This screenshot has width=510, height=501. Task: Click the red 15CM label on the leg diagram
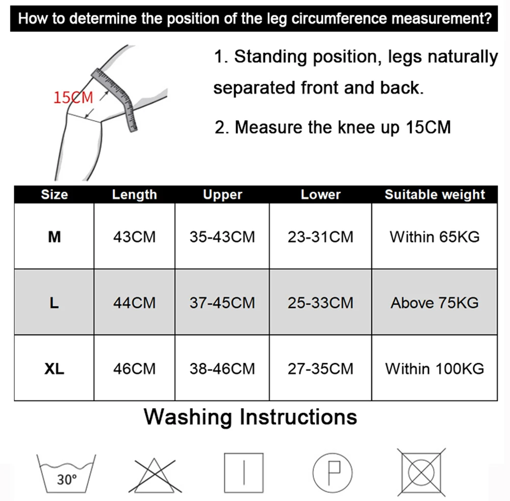coord(73,98)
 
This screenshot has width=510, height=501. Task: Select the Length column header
coord(134,195)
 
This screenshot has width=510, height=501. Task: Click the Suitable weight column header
coord(435,195)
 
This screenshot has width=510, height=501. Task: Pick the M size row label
coord(55,237)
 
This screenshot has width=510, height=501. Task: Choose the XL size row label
coord(54,369)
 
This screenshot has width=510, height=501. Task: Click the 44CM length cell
coord(134,303)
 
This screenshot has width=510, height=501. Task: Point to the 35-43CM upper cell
coord(222,237)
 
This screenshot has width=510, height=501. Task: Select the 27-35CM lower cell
coord(320,369)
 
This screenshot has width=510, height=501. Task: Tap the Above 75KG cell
coord(435,303)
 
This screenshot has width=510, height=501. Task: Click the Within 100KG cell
coord(435,369)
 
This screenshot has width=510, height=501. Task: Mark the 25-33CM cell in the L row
coord(320,303)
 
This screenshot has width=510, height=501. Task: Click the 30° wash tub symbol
coord(66,473)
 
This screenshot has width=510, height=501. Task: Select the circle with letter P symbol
coord(332,473)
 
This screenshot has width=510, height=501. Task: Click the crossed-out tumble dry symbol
coord(422,472)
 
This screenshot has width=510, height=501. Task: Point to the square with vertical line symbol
coord(244,473)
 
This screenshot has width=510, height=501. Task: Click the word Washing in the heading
coord(188,417)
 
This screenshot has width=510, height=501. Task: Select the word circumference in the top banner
coord(339,18)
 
